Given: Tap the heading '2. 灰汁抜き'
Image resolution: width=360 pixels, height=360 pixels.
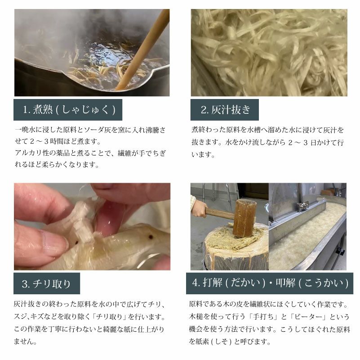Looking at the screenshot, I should coord(225,109).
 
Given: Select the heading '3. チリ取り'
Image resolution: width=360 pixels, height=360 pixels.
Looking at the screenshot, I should coord(47,283).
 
